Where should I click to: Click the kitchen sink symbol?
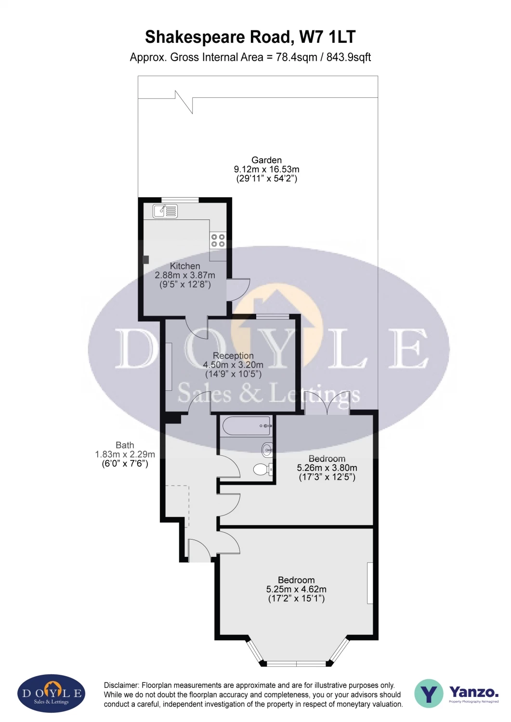click(165, 211)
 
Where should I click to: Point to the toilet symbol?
click(263, 469)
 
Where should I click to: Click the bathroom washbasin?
click(267, 449)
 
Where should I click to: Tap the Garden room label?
click(266, 160)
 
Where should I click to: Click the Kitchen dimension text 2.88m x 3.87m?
click(185, 275)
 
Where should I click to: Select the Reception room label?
click(233, 356)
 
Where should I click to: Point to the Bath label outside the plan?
click(125, 445)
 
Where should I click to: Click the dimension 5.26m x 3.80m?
click(327, 468)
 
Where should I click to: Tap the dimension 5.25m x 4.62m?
click(296, 589)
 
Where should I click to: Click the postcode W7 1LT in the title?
click(328, 37)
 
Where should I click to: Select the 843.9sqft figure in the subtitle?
click(349, 57)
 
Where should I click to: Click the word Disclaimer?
click(121, 685)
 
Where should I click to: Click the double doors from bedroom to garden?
click(327, 402)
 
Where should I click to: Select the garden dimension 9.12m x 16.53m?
click(266, 169)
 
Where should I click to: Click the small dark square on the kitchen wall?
click(146, 259)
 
